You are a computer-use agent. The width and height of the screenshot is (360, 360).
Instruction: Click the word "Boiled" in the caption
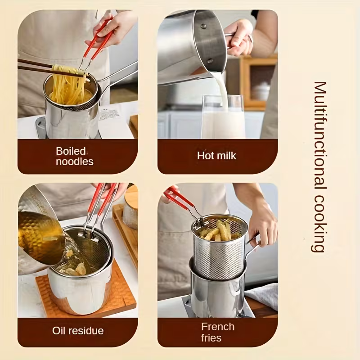tap(71, 151)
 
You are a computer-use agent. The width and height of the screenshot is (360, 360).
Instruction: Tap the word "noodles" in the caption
tap(75, 162)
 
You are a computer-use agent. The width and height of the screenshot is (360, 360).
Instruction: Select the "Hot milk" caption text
tap(216, 156)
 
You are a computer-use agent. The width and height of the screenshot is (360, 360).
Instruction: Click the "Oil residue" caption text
tap(78, 331)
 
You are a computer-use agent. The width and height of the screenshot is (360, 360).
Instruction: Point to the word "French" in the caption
tap(218, 327)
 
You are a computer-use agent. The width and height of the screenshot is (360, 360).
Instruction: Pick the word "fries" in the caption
tap(211, 338)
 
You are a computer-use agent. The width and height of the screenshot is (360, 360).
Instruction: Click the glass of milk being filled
tap(223, 117)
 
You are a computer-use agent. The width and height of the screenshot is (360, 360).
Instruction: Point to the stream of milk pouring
tap(221, 90)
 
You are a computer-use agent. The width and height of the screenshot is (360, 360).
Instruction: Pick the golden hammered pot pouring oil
tap(40, 237)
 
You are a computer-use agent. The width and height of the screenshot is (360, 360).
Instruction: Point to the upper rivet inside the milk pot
tap(203, 26)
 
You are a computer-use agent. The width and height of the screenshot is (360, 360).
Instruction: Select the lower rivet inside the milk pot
tap(210, 61)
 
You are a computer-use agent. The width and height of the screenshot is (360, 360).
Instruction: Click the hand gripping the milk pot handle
tap(239, 38)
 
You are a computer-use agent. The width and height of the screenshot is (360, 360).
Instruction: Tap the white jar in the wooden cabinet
tap(261, 91)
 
